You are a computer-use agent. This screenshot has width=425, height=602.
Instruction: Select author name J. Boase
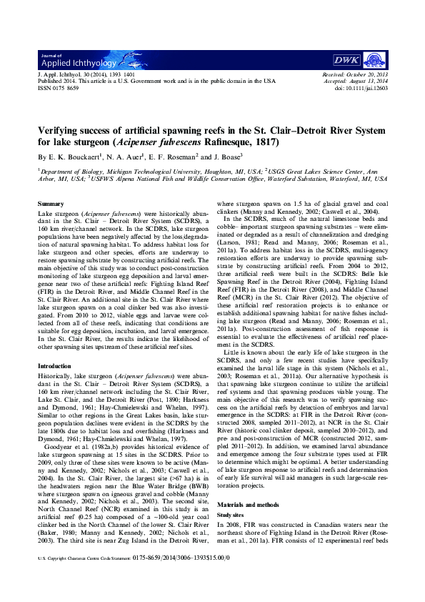tap(226, 156)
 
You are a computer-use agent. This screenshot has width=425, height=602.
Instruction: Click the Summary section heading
tap(51, 204)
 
